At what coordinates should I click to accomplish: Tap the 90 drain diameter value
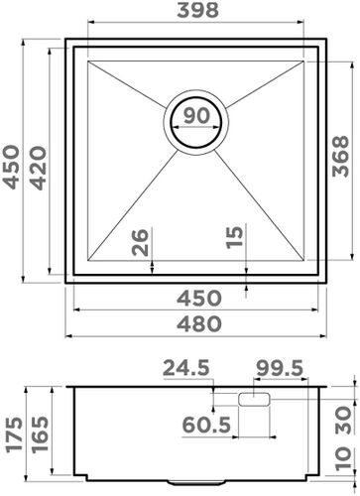(x=196, y=115)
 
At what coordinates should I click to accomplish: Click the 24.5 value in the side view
(x=187, y=369)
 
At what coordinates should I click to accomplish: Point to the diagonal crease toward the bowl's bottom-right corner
(x=268, y=207)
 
